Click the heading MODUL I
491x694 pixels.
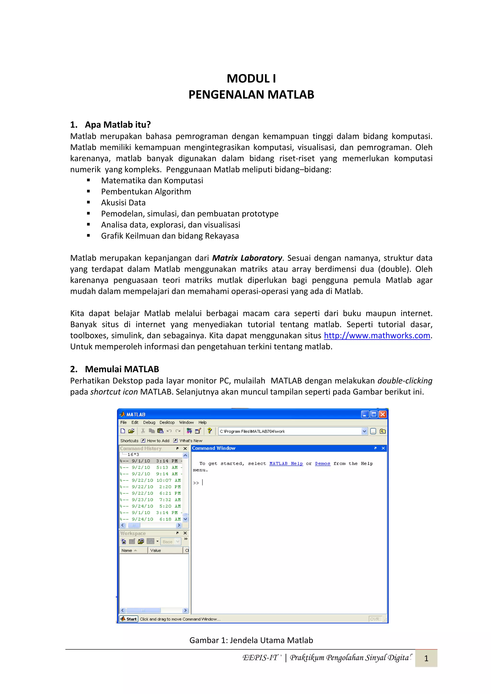(251, 79)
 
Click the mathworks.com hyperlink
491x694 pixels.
(377, 336)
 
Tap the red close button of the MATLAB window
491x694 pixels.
(383, 414)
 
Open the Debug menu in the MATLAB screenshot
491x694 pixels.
(149, 423)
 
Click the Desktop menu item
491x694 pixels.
(167, 423)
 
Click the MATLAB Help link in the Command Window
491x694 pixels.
(286, 464)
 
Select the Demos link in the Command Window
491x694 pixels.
(322, 464)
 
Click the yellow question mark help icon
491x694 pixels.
(209, 431)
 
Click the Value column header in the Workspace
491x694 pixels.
(156, 551)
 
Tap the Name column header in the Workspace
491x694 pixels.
(127, 551)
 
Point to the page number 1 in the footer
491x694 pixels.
(426, 658)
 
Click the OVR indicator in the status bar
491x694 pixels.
(374, 619)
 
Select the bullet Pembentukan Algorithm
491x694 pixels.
(146, 192)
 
